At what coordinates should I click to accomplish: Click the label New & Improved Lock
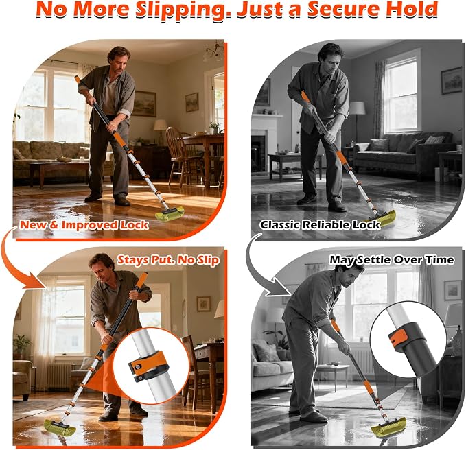click(x=84, y=225)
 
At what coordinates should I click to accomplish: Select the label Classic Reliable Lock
click(x=320, y=225)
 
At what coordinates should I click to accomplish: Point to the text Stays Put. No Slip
click(x=168, y=260)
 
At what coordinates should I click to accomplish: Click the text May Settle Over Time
click(x=392, y=259)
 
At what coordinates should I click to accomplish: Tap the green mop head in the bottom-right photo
click(x=388, y=425)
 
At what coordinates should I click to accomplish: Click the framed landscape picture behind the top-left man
click(x=144, y=104)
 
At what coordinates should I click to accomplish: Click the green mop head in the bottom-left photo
click(x=60, y=427)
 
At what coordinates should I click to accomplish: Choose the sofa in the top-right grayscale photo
click(x=405, y=152)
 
